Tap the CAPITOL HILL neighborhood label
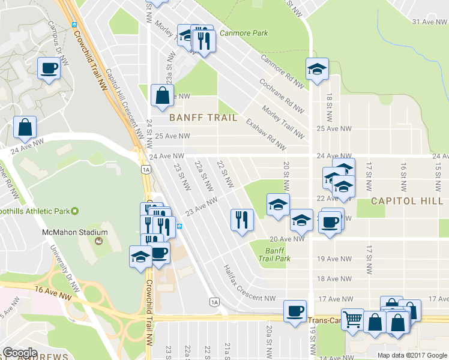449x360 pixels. coord(406,201)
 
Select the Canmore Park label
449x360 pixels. coord(243,33)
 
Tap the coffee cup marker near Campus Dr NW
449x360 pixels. coord(48,68)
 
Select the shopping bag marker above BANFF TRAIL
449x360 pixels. coord(162,95)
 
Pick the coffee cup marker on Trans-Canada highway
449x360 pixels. coord(294,311)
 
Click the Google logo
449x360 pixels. coord(20,352)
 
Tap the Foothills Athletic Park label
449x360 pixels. coord(36,211)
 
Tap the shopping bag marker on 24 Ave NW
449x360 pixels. coord(25,127)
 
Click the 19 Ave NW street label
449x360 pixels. coord(334,259)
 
